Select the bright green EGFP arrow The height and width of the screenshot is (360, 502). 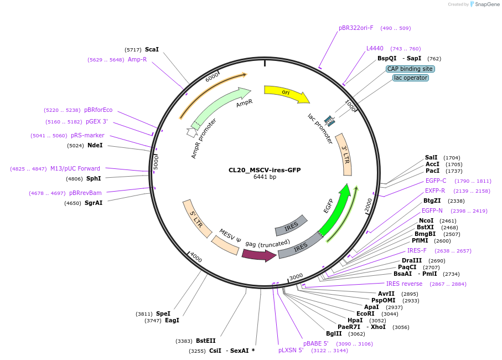click(334, 210)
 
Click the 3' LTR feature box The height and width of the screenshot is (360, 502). click(344, 155)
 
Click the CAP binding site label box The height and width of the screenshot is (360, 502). click(410, 69)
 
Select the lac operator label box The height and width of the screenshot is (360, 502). click(410, 78)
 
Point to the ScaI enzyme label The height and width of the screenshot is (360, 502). click(152, 49)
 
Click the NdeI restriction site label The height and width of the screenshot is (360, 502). click(95, 145)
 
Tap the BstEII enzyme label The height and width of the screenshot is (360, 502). click(205, 341)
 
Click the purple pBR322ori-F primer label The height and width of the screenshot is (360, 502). click(356, 28)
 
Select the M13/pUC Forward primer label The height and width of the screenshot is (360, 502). click(75, 168)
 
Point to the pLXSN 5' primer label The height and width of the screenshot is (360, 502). click(291, 350)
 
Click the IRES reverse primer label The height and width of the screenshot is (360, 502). click(404, 284)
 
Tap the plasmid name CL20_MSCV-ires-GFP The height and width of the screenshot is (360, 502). click(265, 170)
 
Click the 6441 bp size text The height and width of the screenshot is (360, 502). click(265, 177)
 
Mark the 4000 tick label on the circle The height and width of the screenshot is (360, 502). click(196, 258)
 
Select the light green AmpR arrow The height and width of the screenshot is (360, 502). click(221, 105)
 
